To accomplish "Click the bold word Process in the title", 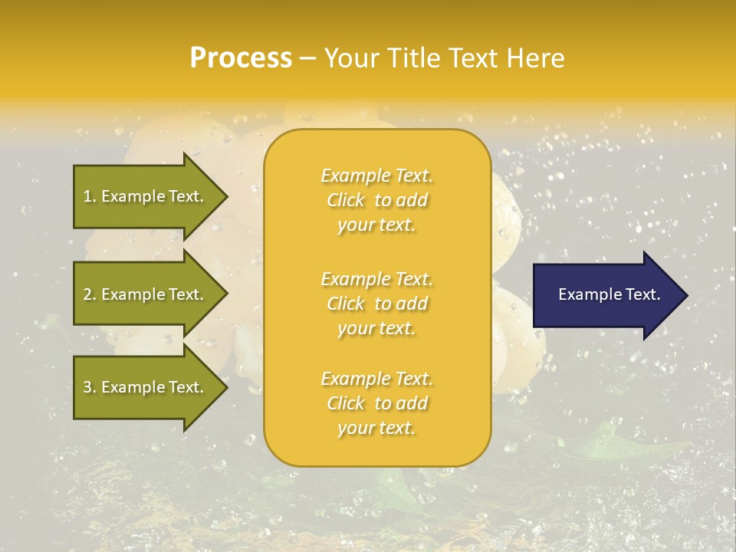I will tap(241, 58).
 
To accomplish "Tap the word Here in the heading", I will tap(535, 58).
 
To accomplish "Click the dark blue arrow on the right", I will tap(609, 295).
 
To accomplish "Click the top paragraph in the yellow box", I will tap(376, 200).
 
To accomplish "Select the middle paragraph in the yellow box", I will tap(376, 303).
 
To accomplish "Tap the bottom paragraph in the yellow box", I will tap(376, 403).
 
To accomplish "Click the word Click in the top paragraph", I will tap(346, 200).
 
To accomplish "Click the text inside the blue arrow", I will tap(609, 294).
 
